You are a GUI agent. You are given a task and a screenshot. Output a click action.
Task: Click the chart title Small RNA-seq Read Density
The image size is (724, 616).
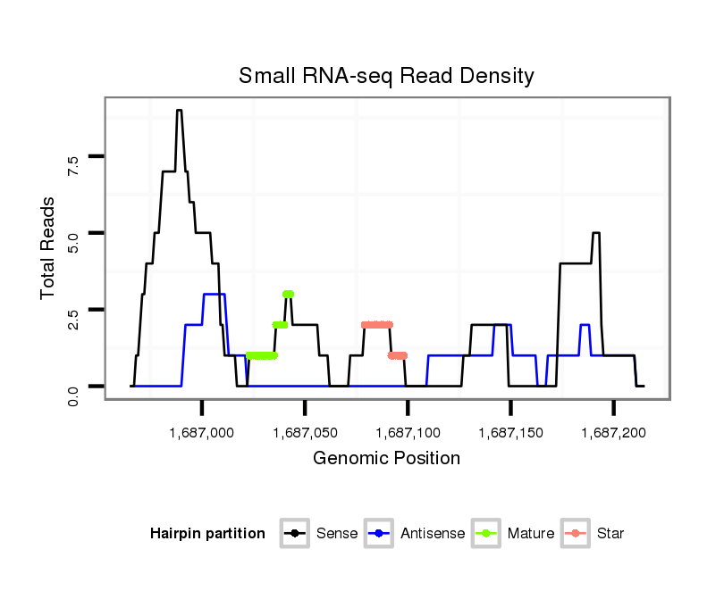(386, 76)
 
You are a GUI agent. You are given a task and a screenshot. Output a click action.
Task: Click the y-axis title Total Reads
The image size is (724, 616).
(49, 247)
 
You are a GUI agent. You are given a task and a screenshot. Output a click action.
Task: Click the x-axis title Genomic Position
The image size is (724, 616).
(386, 459)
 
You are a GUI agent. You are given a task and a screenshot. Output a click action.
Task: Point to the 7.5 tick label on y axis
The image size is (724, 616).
(73, 165)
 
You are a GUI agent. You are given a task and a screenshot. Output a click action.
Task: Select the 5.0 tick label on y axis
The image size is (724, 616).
(73, 242)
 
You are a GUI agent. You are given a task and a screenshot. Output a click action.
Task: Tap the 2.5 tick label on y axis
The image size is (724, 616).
(73, 319)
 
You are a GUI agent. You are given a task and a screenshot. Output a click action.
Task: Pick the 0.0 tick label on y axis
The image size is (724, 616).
(73, 395)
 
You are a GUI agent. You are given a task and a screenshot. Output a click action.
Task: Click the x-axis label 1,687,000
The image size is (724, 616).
(202, 432)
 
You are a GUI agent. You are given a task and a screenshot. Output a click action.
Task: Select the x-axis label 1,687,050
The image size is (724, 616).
(305, 432)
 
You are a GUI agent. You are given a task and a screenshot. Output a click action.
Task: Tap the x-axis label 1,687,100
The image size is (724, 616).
(408, 432)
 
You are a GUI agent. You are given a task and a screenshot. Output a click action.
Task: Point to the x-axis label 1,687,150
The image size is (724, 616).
(510, 432)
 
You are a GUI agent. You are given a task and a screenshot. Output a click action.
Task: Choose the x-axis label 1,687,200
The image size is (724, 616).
(613, 432)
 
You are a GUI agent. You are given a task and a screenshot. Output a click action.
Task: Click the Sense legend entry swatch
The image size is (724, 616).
(294, 534)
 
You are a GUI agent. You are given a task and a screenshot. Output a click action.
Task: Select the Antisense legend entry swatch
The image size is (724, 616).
(379, 534)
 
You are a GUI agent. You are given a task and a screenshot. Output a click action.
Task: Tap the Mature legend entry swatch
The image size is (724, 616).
(485, 534)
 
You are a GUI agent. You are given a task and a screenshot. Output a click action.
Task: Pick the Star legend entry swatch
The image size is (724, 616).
(575, 534)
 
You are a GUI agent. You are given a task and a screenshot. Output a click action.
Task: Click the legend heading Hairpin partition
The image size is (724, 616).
(207, 534)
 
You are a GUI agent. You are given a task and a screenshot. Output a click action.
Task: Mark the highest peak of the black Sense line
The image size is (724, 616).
(180, 111)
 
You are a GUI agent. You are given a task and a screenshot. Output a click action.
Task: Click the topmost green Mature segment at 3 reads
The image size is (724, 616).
(288, 294)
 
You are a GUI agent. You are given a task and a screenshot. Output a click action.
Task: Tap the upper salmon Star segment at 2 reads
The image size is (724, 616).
(376, 325)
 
